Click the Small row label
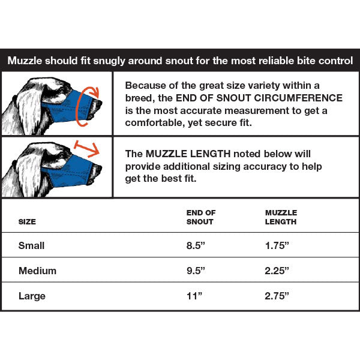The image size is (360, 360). click(x=31, y=245)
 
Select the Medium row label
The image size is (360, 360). click(x=37, y=271)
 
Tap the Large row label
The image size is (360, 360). click(x=32, y=296)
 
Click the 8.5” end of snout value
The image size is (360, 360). click(x=196, y=245)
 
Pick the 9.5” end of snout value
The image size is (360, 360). click(x=196, y=271)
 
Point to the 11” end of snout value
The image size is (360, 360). click(x=194, y=296)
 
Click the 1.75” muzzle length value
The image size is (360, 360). click(x=277, y=245)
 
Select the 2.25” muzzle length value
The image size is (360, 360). click(x=277, y=271)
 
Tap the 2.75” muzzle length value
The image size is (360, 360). click(x=277, y=296)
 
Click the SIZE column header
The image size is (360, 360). click(x=27, y=222)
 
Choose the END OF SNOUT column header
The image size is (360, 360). click(x=201, y=217)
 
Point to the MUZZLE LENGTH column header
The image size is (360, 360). click(x=281, y=217)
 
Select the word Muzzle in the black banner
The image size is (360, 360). click(x=25, y=61)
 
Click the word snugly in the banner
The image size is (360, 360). click(x=109, y=61)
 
